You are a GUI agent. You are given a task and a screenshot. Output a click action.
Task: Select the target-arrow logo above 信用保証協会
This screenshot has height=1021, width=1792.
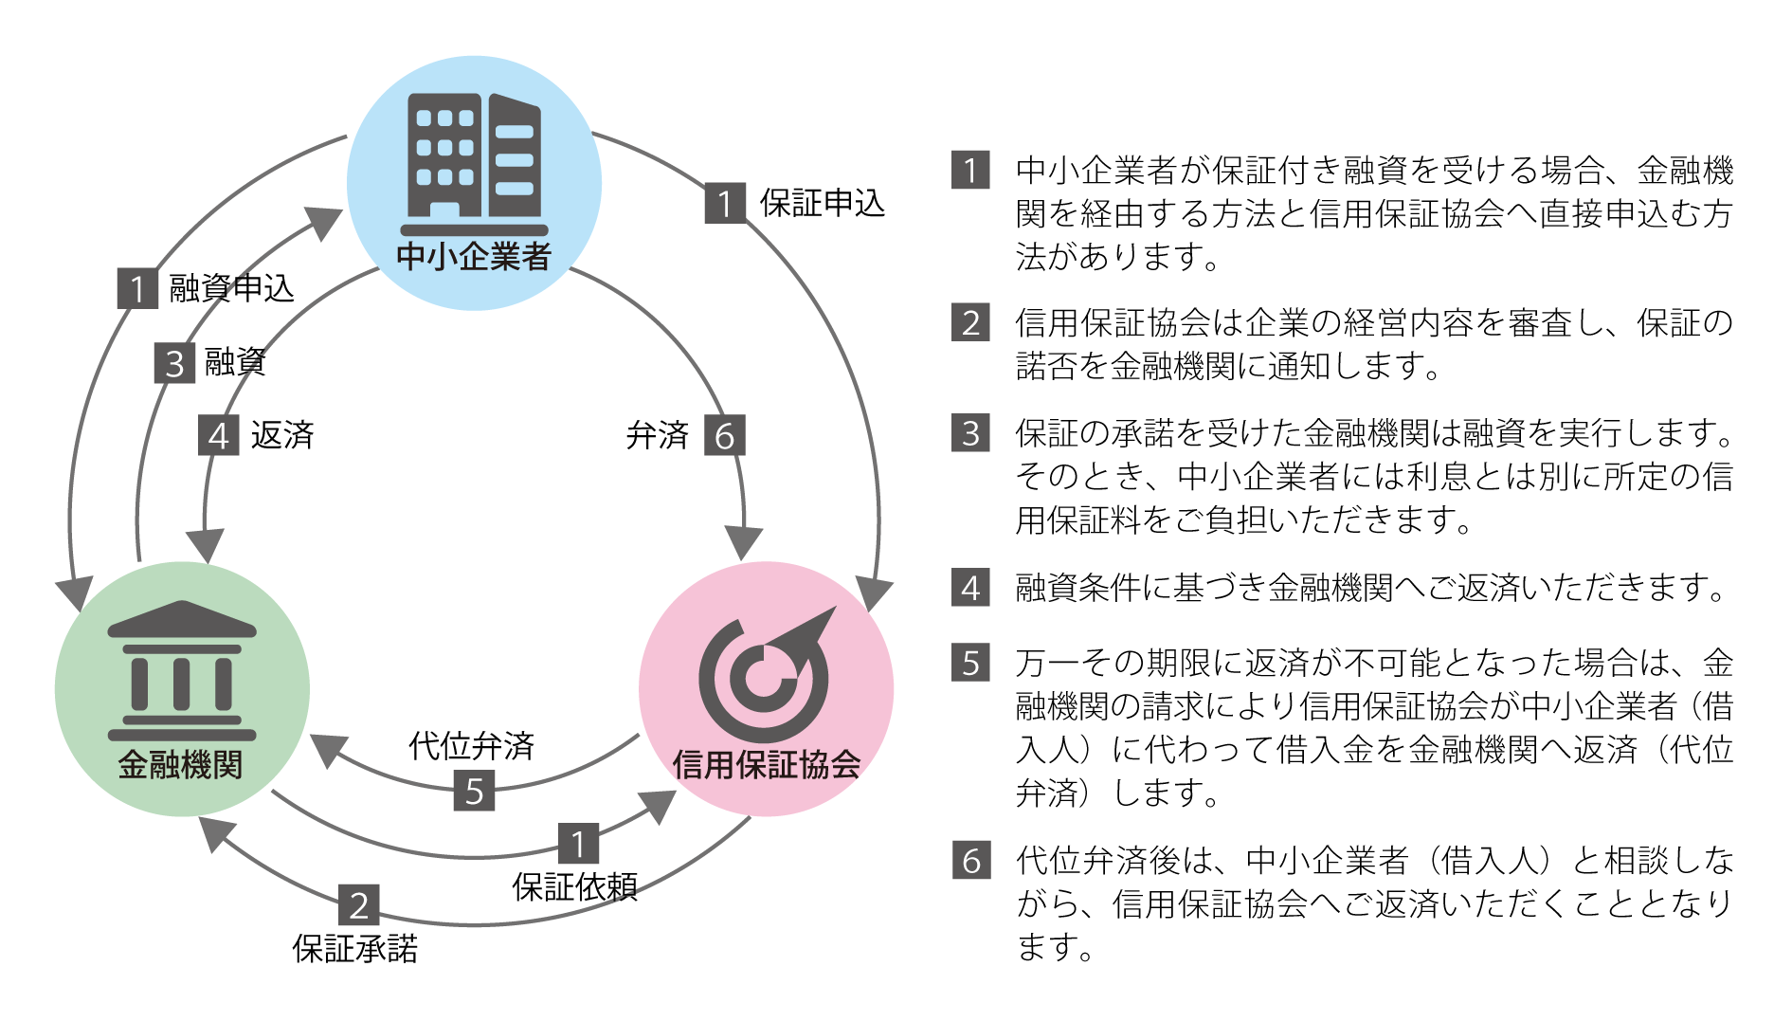click(x=766, y=675)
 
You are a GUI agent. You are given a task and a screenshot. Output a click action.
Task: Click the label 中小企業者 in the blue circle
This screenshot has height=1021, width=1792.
click(x=474, y=256)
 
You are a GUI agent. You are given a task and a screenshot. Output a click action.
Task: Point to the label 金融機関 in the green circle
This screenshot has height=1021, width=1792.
click(x=181, y=764)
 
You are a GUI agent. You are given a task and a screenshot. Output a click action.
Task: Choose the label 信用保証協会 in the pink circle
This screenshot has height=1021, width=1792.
click(x=766, y=764)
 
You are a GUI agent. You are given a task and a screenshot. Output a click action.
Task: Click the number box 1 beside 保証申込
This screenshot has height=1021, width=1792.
click(x=725, y=204)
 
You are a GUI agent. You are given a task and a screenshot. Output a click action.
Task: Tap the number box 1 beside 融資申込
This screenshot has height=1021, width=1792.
click(x=137, y=288)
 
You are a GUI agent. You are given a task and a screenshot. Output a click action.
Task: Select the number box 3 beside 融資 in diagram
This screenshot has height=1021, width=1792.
click(x=174, y=363)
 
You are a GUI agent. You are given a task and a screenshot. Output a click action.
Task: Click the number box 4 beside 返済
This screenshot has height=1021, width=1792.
click(x=218, y=436)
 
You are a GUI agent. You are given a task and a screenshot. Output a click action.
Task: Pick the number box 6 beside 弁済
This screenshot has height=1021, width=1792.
click(x=725, y=436)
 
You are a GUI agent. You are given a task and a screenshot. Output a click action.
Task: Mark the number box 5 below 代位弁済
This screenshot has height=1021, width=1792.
click(x=474, y=791)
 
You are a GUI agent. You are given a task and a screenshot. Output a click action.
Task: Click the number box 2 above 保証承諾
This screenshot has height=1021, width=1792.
click(x=359, y=905)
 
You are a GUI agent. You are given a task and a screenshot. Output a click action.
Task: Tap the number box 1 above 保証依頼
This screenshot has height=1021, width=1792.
click(x=578, y=843)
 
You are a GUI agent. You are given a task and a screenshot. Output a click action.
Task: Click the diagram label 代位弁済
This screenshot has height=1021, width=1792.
click(x=472, y=746)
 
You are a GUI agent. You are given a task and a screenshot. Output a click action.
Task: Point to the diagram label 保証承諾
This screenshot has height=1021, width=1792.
click(x=355, y=948)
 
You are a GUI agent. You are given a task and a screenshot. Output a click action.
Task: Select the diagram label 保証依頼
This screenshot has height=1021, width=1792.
click(x=574, y=886)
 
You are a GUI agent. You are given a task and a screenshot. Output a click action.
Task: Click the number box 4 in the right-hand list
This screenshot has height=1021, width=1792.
click(x=970, y=588)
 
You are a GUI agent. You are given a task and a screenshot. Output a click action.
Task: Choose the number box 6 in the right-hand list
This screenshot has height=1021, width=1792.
click(x=970, y=861)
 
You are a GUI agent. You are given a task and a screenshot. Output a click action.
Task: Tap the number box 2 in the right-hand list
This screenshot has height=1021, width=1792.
click(x=970, y=322)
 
